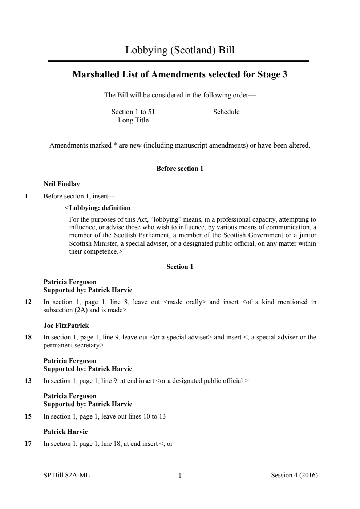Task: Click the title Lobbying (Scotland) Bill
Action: (180, 50)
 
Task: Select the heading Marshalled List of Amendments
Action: (180, 74)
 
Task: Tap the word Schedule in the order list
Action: (226, 112)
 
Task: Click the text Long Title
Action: (133, 120)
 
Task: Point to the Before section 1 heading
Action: (180, 169)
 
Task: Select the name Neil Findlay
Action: (62, 184)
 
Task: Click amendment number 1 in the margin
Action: (26, 196)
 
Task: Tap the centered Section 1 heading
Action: (180, 267)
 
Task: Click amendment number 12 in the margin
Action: (28, 302)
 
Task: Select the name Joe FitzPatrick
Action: (66, 326)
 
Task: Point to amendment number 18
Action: (28, 337)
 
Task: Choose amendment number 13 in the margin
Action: (28, 381)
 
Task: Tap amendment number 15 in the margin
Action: (28, 416)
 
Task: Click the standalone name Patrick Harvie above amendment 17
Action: (65, 432)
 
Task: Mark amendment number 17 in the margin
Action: (28, 444)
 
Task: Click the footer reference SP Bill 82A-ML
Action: (66, 475)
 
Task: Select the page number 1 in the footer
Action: (180, 476)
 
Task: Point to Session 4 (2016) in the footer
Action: (294, 475)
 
